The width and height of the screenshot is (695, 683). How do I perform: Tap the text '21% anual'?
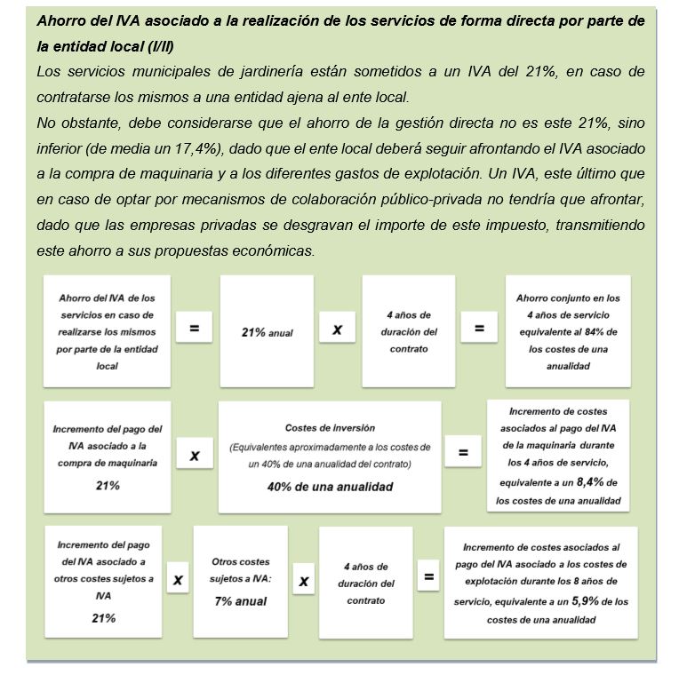267,332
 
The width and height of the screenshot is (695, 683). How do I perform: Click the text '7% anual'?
240,601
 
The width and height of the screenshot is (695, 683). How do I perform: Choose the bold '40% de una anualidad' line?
330,487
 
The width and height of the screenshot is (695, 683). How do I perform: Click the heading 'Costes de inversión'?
330,428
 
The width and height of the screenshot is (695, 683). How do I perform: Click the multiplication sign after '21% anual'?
338,330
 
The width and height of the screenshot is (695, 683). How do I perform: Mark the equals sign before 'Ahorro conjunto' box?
479,329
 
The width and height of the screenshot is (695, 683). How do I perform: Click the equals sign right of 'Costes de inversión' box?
463,453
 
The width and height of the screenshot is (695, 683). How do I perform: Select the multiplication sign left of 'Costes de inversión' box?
195,456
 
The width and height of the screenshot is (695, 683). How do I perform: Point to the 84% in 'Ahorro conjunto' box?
601,331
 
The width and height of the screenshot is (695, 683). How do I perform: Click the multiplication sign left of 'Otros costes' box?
178,580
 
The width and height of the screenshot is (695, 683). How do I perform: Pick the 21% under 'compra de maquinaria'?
108,486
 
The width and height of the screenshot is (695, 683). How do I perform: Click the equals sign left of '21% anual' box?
194,329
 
